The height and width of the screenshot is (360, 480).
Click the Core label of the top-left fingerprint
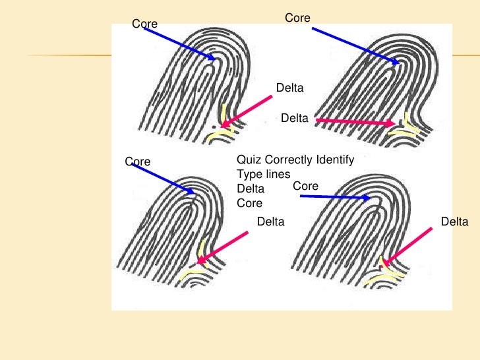coord(145,24)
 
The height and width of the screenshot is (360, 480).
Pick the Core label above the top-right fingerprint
coord(297,18)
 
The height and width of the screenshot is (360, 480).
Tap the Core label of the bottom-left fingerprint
coord(138,162)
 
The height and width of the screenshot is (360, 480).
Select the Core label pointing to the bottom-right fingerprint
coord(306,187)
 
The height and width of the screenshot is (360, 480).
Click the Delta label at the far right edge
coord(454,222)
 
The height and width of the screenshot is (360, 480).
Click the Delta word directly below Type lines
coord(251,189)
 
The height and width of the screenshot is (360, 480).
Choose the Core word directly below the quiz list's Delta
coord(249,204)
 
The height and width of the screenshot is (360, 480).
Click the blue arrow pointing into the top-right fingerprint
coord(356,45)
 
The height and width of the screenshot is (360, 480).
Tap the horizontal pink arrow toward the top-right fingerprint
coord(356,122)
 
